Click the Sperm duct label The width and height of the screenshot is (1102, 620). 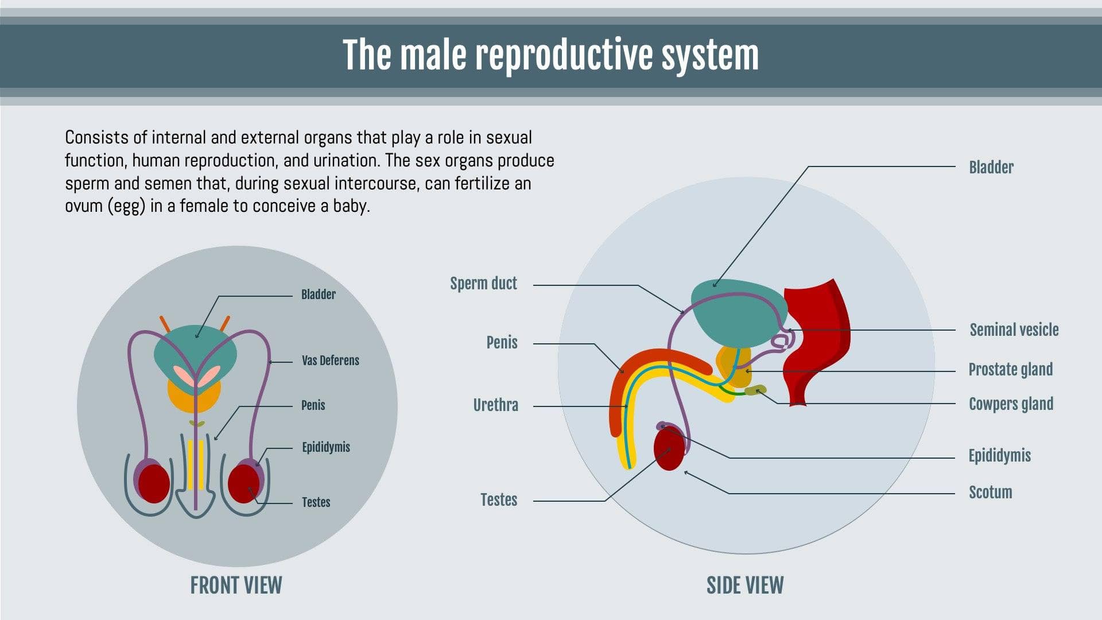pos(483,284)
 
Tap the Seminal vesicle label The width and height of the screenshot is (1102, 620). pos(1014,330)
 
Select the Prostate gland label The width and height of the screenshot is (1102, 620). pos(1010,370)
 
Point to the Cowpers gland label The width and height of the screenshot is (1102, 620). pos(1011,404)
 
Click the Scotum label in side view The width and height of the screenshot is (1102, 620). pos(990,493)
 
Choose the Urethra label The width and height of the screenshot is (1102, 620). pos(495,405)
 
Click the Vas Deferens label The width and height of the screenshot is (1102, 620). pos(330,361)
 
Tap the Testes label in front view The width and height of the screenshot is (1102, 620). pos(316,502)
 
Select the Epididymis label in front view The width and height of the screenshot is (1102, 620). pos(325,447)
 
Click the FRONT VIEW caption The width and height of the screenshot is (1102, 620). pos(236,586)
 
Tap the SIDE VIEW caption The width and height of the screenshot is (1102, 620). pos(744,586)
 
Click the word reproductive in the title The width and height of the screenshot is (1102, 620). pos(565,56)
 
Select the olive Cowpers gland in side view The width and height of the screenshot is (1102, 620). pos(755,391)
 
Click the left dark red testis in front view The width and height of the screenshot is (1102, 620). pos(154,484)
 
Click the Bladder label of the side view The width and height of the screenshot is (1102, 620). pos(991,168)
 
